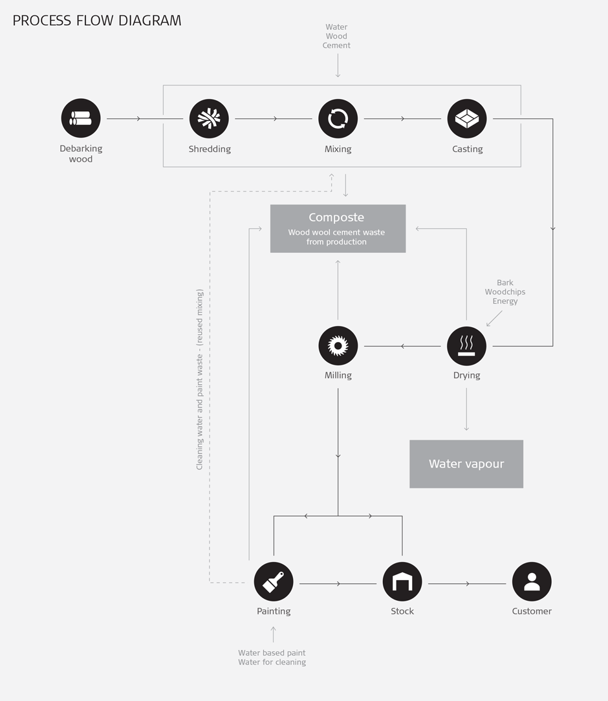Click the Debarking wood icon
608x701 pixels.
pos(81,118)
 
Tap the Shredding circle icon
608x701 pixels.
pos(209,118)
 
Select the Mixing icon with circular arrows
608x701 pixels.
pos(338,118)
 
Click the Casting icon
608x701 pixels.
pos(467,118)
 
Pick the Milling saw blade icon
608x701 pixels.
pos(338,345)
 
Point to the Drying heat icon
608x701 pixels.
pos(467,345)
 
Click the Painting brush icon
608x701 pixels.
pos(274,581)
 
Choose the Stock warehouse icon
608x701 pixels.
pos(402,581)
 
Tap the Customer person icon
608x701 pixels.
pos(532,581)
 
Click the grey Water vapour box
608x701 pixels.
pos(466,464)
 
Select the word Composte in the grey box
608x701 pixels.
pos(336,218)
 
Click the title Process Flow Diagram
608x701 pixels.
pos(97,21)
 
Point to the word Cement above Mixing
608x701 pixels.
pos(336,46)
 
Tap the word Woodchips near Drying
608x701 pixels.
pos(505,292)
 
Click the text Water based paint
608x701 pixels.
pos(272,652)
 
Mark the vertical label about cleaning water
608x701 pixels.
pos(200,379)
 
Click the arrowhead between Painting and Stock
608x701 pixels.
pos(338,584)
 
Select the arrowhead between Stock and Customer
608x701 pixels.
pos(468,584)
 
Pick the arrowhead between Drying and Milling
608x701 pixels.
pos(403,346)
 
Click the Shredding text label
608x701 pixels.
pos(210,149)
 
